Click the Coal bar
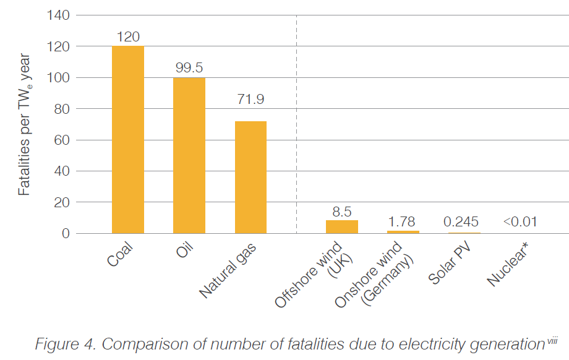point(128,140)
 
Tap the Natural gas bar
point(250,177)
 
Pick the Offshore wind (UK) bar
point(342,226)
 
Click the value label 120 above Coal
point(128,36)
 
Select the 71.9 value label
point(250,98)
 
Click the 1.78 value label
point(401,221)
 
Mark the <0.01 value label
point(520,221)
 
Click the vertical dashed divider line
point(296,124)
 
